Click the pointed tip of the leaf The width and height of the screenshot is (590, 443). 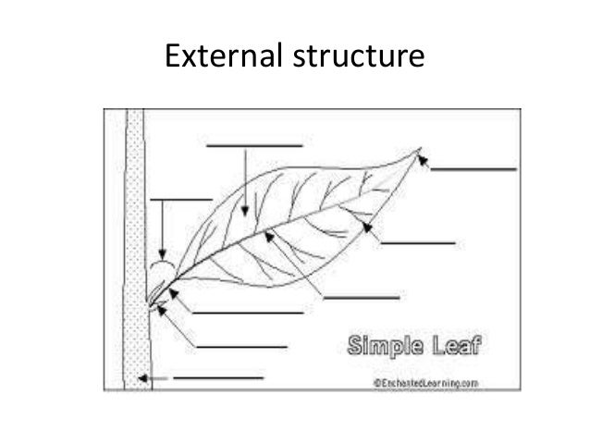point(421,150)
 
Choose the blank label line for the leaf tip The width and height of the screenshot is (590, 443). point(473,169)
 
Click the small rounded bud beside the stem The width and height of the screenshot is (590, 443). point(162,270)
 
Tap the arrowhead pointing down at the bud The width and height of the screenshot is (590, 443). point(162,257)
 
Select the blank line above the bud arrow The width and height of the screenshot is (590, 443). point(181,199)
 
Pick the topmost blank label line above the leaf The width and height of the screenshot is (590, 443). point(254,145)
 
